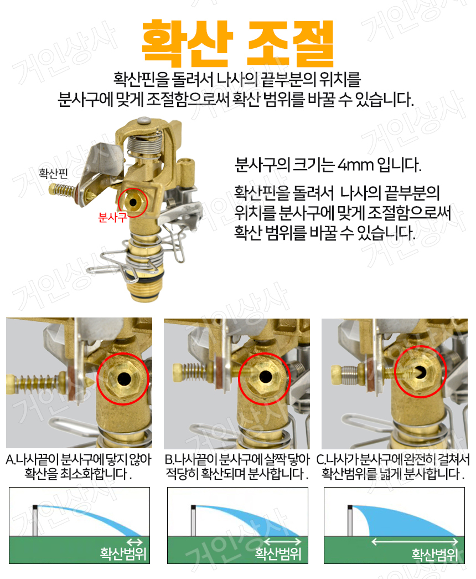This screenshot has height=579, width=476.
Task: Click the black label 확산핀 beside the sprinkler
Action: tap(53, 173)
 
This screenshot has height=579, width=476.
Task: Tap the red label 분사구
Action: tap(112, 217)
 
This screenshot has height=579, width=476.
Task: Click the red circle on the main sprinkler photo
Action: tap(132, 201)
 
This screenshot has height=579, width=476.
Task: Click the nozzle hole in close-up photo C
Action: tap(422, 372)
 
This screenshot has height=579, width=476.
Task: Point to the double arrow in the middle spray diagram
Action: tap(281, 541)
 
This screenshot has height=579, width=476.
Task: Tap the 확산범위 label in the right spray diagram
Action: tap(435, 555)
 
